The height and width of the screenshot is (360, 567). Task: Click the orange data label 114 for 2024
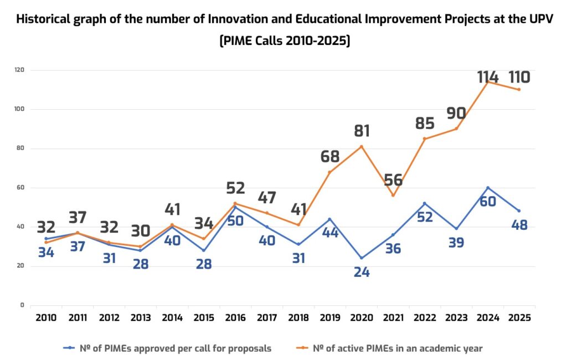pyautogui.click(x=488, y=77)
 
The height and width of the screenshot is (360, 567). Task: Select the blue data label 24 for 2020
pyautogui.click(x=361, y=271)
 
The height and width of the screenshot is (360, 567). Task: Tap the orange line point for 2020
pyautogui.click(x=362, y=146)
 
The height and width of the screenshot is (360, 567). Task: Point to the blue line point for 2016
pyautogui.click(x=235, y=207)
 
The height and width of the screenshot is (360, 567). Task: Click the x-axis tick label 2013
pyautogui.click(x=141, y=318)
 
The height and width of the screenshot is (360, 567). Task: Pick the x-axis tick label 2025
pyautogui.click(x=519, y=318)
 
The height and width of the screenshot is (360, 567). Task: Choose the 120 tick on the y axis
pyautogui.click(x=19, y=70)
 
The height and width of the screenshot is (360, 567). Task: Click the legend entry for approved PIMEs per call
pyautogui.click(x=168, y=348)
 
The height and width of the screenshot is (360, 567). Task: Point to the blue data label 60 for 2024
pyautogui.click(x=488, y=202)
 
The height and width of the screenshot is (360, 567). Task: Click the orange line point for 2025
pyautogui.click(x=519, y=90)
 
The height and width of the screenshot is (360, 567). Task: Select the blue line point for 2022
pyautogui.click(x=425, y=203)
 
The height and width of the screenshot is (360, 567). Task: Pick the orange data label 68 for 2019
pyautogui.click(x=330, y=157)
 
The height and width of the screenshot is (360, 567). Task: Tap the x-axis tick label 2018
pyautogui.click(x=298, y=318)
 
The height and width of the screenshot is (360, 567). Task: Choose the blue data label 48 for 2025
pyautogui.click(x=519, y=225)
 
